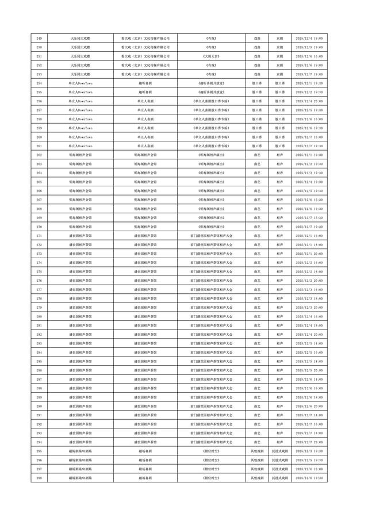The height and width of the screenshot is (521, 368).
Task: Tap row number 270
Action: [x=39, y=227]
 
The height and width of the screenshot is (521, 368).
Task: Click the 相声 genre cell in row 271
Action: [x=279, y=236]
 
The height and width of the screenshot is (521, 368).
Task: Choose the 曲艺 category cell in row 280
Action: [x=256, y=316]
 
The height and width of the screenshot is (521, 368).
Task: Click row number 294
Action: [x=39, y=442]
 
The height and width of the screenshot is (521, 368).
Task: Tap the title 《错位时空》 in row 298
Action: [x=211, y=478]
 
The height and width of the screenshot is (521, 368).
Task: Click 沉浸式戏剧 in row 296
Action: [x=279, y=460]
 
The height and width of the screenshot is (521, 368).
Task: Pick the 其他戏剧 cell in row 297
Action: [x=256, y=469]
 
